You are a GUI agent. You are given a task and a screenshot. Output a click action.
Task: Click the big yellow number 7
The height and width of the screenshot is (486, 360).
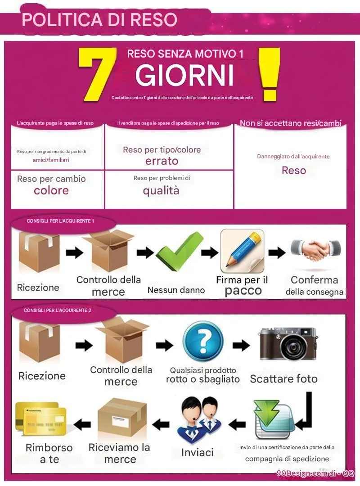coord(97,74)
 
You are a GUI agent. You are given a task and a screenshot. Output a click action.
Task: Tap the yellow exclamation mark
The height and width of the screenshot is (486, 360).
coord(269,74)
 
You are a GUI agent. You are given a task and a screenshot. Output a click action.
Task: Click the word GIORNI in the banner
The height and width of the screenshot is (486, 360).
coord(184,75)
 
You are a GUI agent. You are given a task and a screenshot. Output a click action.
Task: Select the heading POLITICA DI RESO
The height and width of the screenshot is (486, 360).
coord(99,19)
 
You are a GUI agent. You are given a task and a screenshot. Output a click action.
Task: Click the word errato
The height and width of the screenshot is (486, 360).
coord(162,161)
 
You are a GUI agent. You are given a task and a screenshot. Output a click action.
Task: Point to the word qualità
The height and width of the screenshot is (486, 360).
coord(161,190)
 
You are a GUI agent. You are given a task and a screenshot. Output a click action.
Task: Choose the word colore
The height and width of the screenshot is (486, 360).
coord(51,190)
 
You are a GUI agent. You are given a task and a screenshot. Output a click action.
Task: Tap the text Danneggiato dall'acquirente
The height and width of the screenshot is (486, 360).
coord(293,157)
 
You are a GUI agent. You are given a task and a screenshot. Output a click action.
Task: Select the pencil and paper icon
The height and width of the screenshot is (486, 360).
coord(242,252)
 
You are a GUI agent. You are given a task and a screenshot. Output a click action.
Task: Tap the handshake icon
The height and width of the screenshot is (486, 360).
coord(315,249)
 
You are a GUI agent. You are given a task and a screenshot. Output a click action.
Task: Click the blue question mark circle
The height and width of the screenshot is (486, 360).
coord(203,341)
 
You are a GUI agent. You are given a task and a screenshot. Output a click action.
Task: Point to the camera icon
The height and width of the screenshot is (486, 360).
coord(288,344)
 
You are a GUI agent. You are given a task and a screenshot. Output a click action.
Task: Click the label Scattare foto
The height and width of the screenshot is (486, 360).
coord(283,379)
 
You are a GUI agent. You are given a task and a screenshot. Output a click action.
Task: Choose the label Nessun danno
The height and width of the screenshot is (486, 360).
coord(176,290)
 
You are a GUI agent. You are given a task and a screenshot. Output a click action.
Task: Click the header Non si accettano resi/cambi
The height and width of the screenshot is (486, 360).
coord(291,123)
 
